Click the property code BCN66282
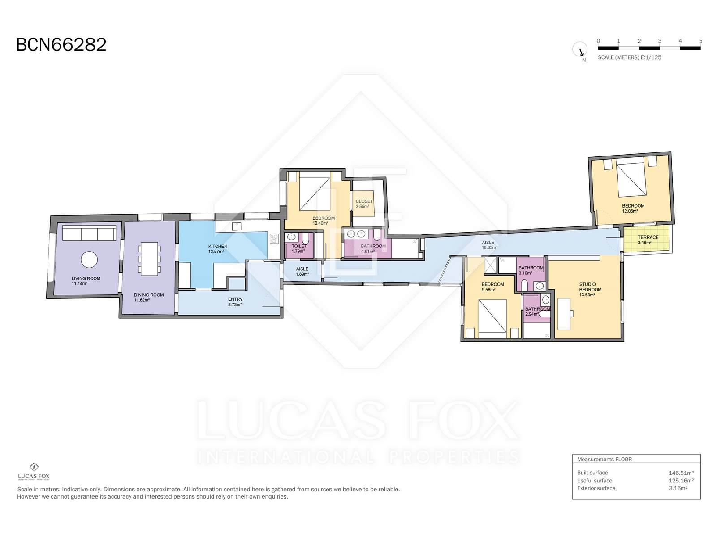61,44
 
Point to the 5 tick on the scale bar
700,41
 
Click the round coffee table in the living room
89,260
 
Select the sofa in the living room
89,233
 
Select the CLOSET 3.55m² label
364,204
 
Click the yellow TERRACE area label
648,240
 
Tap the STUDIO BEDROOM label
590,290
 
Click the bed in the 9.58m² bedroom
492,318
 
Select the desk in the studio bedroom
565,313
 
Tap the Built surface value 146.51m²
681,473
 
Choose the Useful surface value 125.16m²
681,481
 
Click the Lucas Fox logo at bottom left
34,471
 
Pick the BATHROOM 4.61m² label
373,248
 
